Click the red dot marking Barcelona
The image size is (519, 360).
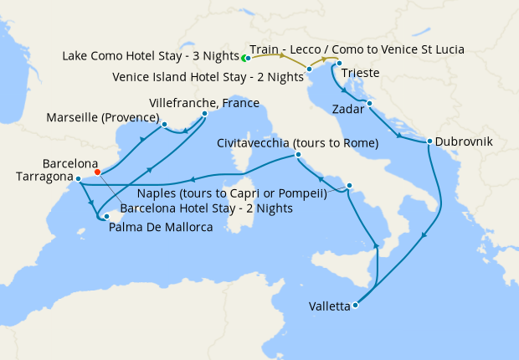coord(98,172)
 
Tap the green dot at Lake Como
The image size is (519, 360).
coord(244,59)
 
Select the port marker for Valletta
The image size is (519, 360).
coord(356,305)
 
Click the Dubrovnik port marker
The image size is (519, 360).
coord(429,141)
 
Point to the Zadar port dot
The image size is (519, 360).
coord(369,104)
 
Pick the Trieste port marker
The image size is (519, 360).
coord(339,64)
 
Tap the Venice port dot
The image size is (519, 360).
coord(310,69)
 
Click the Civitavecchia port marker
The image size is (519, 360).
coord(299,156)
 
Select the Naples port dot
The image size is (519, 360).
coord(349,186)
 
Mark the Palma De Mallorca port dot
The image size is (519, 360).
coord(105,217)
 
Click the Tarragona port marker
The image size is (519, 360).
coord(76,178)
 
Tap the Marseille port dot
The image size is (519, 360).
coord(164,126)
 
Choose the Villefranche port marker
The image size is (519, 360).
coord(205,113)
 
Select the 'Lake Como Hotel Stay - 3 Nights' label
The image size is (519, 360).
coord(150,56)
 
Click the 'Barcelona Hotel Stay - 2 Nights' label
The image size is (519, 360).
coord(206,208)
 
